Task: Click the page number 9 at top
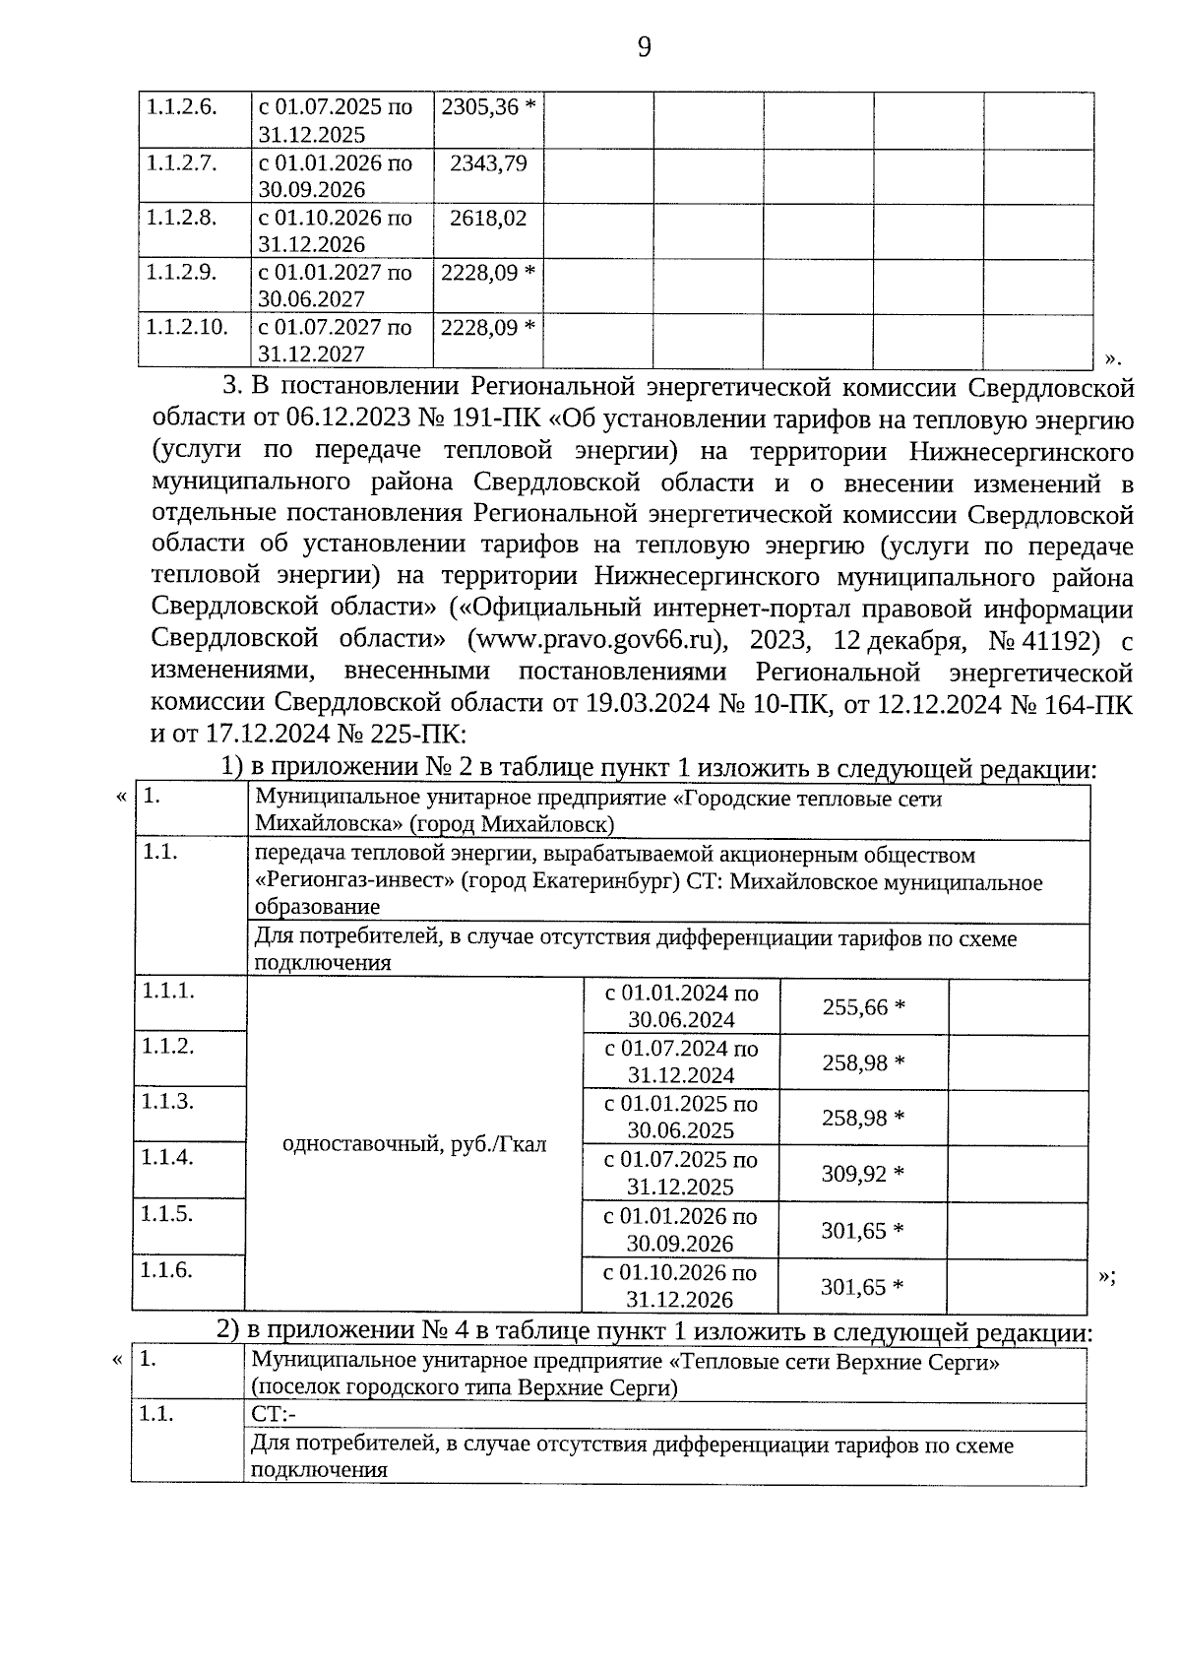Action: point(644,47)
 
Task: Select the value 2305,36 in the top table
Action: point(479,106)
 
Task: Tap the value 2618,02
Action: point(488,217)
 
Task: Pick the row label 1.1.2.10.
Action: point(186,326)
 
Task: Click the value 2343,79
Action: point(488,161)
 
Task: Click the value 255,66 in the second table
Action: point(854,1007)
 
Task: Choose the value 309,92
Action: point(853,1174)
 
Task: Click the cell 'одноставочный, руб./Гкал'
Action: point(413,1144)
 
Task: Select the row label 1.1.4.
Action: point(166,1157)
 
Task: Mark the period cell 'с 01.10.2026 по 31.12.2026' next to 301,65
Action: point(679,1285)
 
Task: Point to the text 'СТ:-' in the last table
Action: point(274,1415)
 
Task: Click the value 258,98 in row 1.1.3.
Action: point(853,1119)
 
